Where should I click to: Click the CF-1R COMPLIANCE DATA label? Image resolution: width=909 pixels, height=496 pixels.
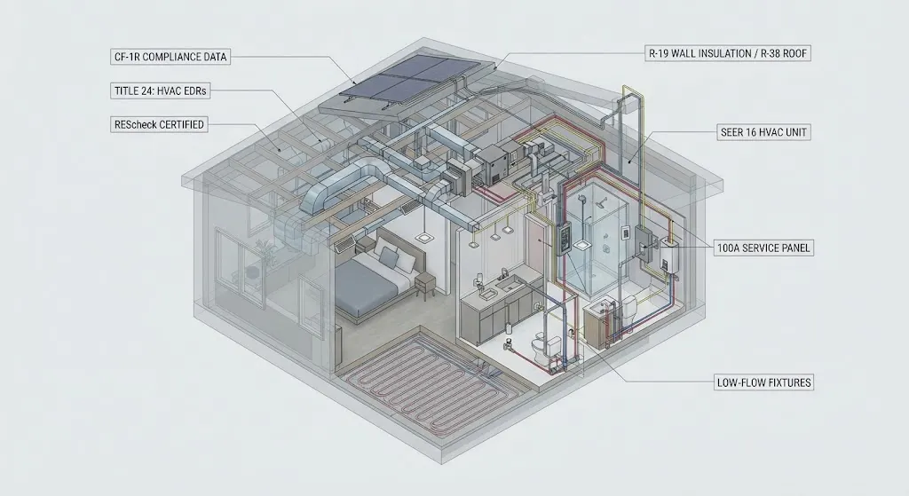click(170, 57)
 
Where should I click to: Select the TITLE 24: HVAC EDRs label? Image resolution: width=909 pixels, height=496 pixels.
click(160, 91)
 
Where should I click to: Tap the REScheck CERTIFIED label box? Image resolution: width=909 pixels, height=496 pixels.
click(159, 124)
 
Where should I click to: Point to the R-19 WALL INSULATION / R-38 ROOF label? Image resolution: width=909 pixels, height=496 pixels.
click(728, 53)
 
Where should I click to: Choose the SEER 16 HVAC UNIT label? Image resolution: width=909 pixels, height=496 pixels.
click(763, 132)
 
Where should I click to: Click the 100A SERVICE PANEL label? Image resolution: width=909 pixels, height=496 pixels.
click(763, 248)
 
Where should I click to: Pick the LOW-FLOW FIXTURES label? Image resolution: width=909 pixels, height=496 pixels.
click(763, 382)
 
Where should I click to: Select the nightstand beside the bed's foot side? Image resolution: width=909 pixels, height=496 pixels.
click(425, 287)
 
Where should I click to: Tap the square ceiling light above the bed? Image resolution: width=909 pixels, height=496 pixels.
click(422, 237)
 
